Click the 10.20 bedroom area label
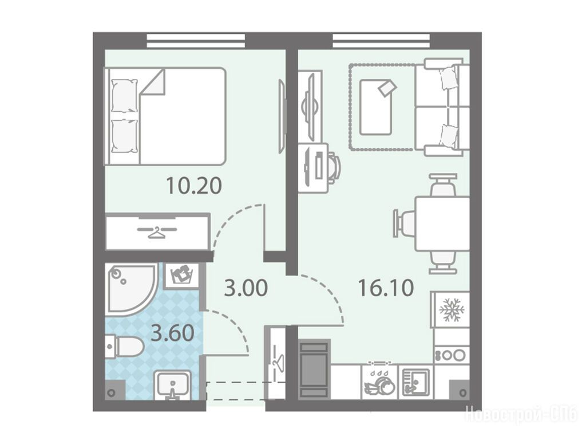pos(194,186)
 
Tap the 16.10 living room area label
pos(386,288)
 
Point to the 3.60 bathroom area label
pos(172,333)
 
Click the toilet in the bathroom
pos(123,346)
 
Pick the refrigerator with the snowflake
pos(452,309)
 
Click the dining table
pos(442,223)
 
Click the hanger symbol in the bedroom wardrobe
pos(157,232)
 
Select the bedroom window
pos(196,41)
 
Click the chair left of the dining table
pos(404,223)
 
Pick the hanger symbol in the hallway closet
pos(277,360)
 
